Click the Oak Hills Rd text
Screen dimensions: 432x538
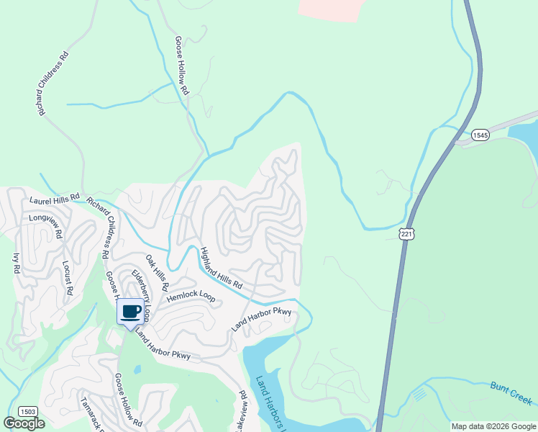pyautogui.click(x=157, y=272)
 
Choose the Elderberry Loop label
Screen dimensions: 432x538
pyautogui.click(x=142, y=295)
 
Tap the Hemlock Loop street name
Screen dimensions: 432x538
pyautogui.click(x=191, y=296)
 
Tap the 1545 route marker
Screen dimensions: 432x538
pyautogui.click(x=480, y=135)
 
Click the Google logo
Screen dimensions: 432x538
pyautogui.click(x=24, y=423)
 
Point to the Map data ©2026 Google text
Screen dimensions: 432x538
pyautogui.click(x=493, y=426)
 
